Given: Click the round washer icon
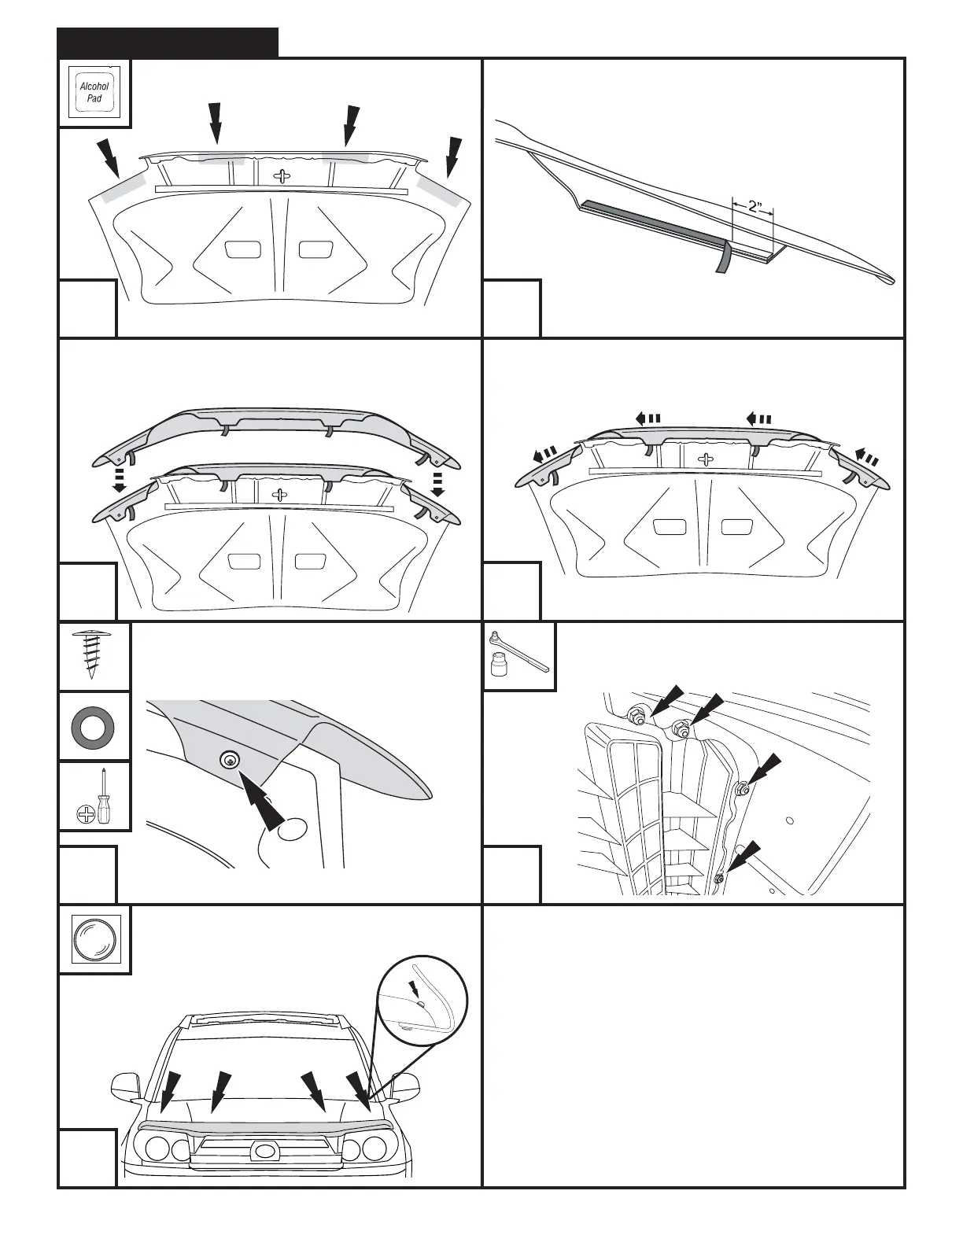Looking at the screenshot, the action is [94, 725].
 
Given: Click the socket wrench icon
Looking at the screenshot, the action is [519, 656].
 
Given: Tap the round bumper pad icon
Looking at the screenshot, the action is [94, 939].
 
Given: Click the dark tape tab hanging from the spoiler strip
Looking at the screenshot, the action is [723, 256].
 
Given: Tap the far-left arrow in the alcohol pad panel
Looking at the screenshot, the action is [108, 157].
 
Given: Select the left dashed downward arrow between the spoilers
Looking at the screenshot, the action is [120, 480].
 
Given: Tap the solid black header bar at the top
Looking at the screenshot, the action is [168, 42].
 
